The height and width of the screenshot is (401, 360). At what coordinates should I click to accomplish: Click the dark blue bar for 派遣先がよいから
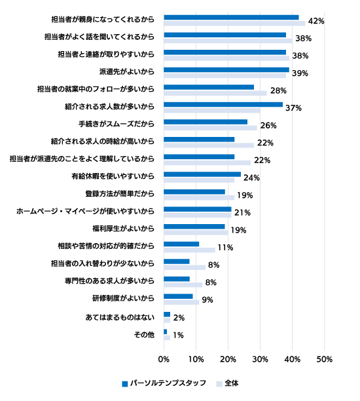226,70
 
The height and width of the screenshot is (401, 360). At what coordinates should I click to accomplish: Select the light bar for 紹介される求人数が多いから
212,111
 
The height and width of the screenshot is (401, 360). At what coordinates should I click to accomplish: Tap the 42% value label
316,21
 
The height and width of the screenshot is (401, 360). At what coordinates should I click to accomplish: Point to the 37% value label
293,108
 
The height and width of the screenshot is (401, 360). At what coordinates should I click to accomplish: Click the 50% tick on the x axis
324,359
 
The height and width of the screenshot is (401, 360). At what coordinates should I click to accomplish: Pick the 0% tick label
164,359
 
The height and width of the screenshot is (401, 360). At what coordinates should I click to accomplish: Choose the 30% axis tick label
260,359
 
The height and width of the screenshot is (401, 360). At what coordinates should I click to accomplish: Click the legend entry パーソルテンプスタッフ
164,383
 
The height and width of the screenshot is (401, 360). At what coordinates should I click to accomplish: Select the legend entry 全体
227,383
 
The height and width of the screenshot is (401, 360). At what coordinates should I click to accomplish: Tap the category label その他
144,335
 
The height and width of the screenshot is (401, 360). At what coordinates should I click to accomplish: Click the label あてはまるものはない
120,317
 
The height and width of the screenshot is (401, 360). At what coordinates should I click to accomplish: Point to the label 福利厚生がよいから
124,228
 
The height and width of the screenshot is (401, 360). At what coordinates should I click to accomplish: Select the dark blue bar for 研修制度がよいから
178,296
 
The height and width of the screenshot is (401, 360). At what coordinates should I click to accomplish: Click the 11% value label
225,248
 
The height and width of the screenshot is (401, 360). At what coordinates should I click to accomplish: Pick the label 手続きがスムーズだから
117,124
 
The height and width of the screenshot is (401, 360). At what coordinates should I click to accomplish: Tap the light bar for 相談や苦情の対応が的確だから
189,250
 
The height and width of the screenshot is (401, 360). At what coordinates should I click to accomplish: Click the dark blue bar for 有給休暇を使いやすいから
202,174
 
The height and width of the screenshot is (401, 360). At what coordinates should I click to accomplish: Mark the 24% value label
251,178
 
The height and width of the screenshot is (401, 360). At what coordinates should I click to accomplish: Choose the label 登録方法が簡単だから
120,193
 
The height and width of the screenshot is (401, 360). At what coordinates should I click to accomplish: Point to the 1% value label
178,335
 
